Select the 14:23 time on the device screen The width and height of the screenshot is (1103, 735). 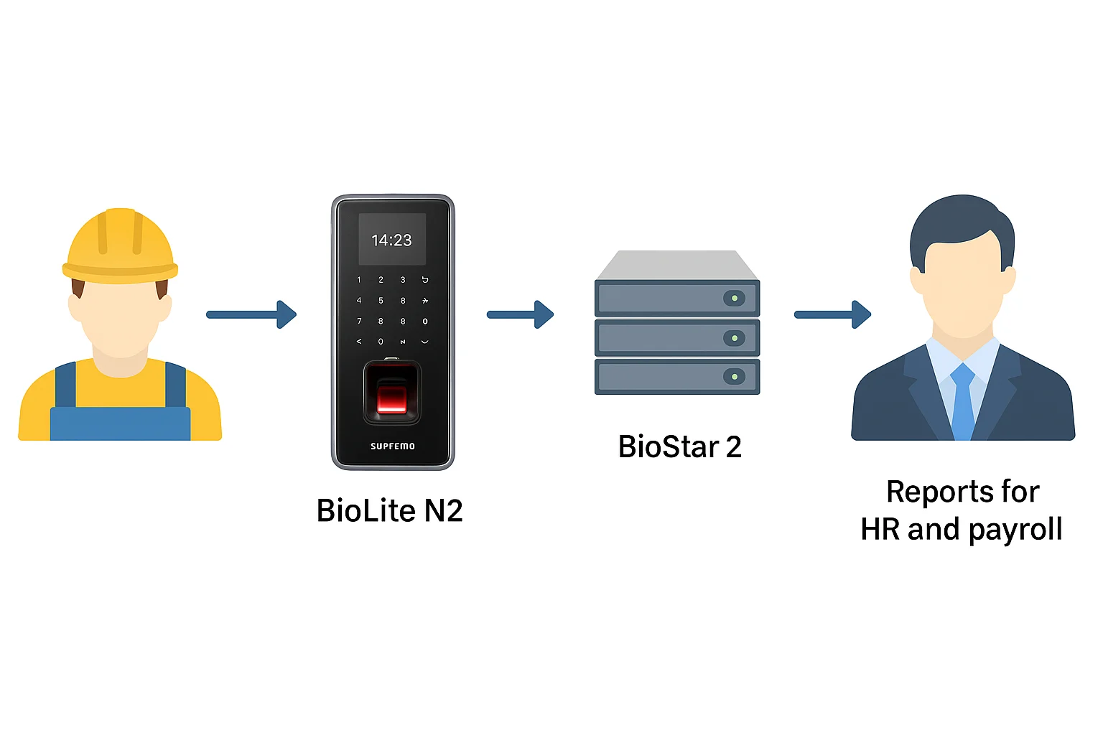391,240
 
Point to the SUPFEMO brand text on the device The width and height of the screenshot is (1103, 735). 392,446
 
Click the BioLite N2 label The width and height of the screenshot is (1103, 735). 389,511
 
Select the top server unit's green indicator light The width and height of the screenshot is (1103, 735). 734,298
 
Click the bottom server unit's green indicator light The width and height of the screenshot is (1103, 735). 734,376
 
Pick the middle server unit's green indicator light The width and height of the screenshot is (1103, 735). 734,337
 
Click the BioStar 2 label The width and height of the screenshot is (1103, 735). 679,446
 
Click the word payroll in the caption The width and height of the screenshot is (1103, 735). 1015,530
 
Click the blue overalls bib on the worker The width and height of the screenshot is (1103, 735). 120,423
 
